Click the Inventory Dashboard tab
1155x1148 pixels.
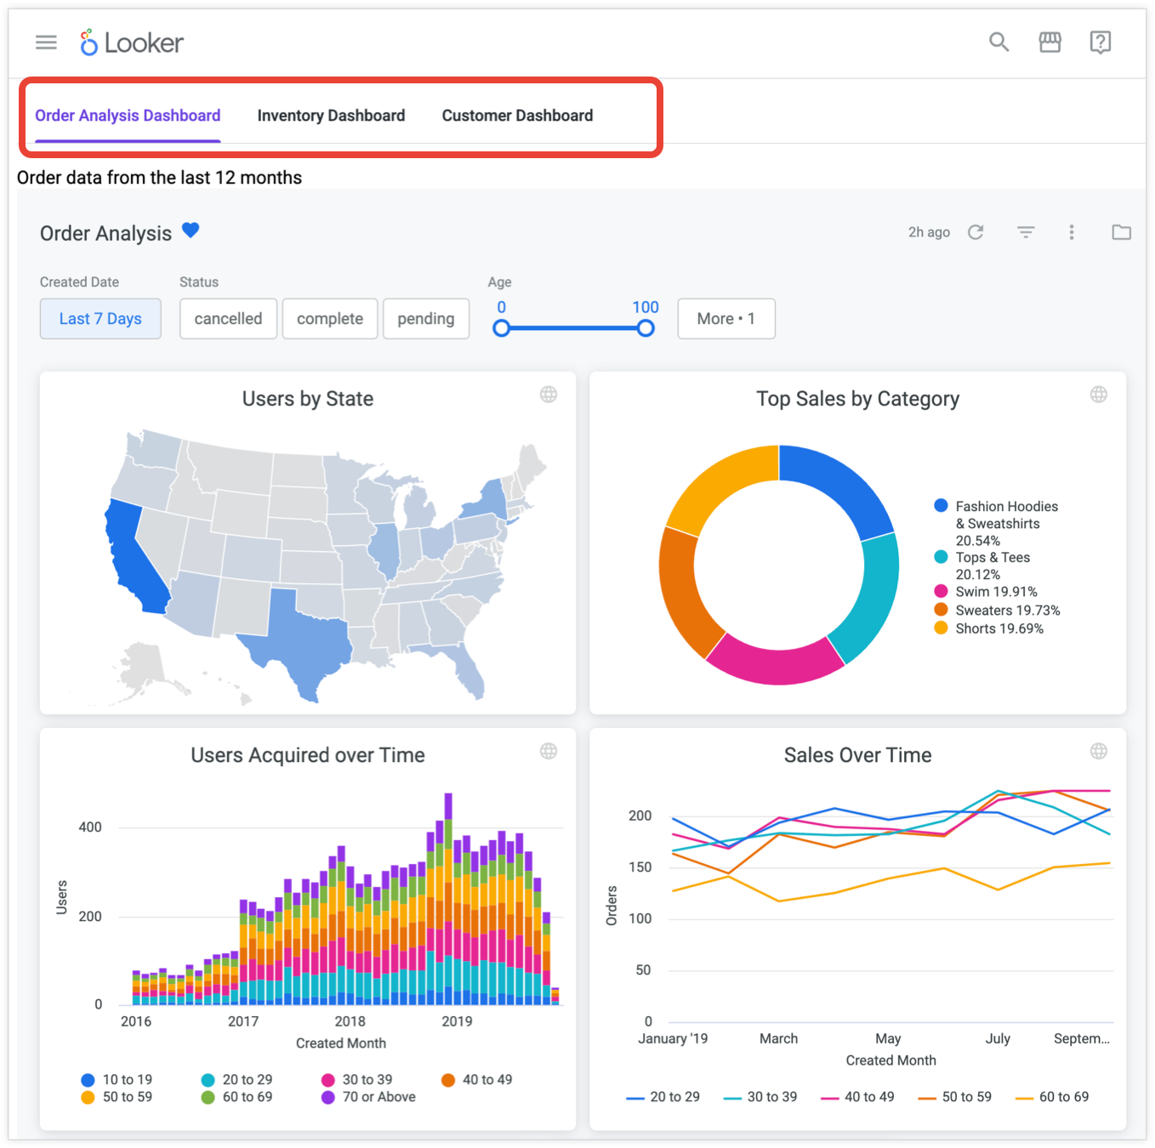(331, 116)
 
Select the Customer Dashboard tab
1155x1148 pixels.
(517, 116)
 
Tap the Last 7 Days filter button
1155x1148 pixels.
(100, 319)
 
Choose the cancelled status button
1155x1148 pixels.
(228, 319)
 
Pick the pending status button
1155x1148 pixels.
(425, 319)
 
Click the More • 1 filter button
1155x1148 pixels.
(725, 319)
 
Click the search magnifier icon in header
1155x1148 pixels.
(999, 42)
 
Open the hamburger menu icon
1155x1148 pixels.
(46, 42)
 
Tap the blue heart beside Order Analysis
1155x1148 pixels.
(191, 230)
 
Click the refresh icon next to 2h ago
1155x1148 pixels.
(976, 232)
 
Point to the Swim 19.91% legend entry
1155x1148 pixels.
(995, 592)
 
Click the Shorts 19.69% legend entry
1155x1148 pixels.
(999, 628)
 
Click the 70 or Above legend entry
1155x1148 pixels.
(378, 1097)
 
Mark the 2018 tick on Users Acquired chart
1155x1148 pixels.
(350, 1021)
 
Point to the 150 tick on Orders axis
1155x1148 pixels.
(640, 867)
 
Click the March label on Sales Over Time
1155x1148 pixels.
(778, 1038)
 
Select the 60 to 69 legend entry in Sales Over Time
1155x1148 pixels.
(1063, 1097)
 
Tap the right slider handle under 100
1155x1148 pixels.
(646, 328)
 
